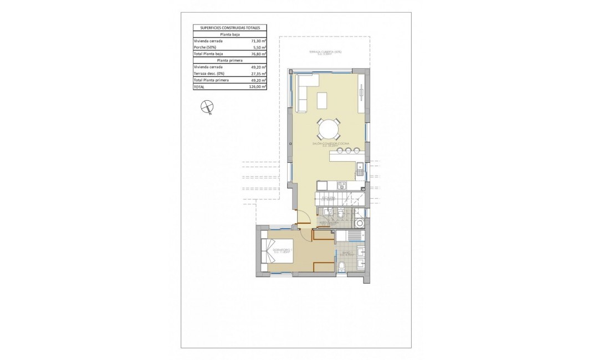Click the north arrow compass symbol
(x=207, y=107)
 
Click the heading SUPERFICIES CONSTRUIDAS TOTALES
(x=229, y=27)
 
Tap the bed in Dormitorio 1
(x=275, y=254)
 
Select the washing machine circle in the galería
(x=360, y=223)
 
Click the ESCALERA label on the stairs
(x=328, y=197)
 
